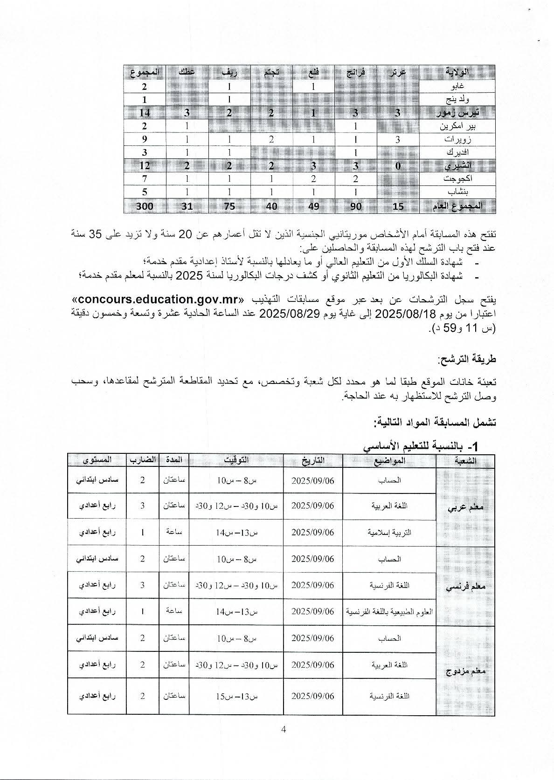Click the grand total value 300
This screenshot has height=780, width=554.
coord(145,206)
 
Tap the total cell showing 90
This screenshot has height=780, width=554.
coord(356,206)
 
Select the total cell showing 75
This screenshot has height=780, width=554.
coord(229,206)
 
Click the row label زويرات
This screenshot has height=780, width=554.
coord(457,139)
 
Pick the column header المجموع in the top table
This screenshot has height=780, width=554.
coord(145,72)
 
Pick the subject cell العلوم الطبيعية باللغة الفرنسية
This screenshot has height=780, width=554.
coord(389,611)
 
